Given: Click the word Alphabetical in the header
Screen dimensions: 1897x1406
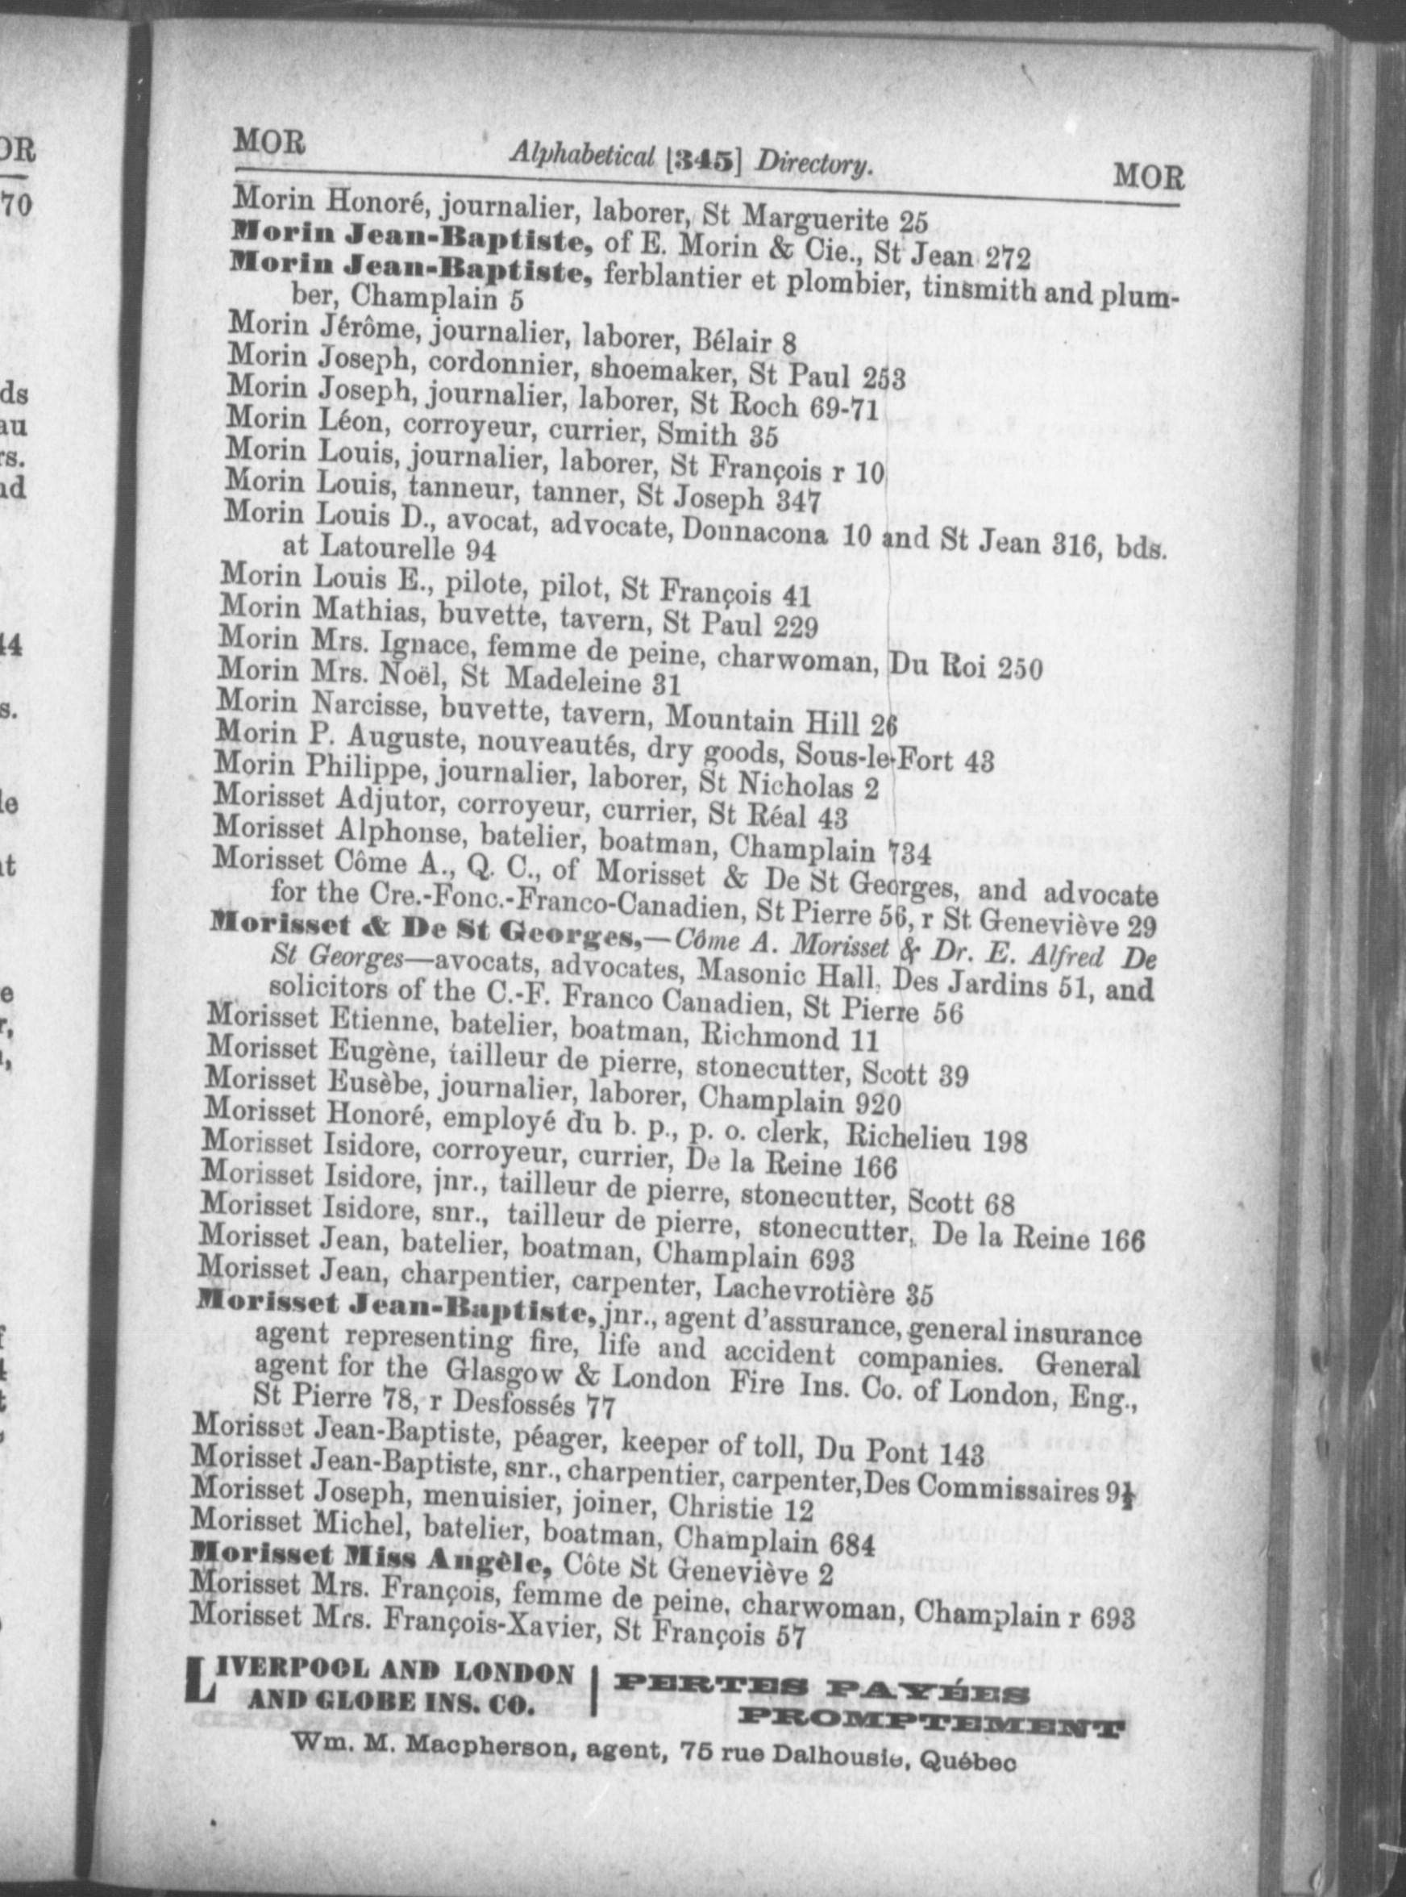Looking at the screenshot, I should coord(582,154).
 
